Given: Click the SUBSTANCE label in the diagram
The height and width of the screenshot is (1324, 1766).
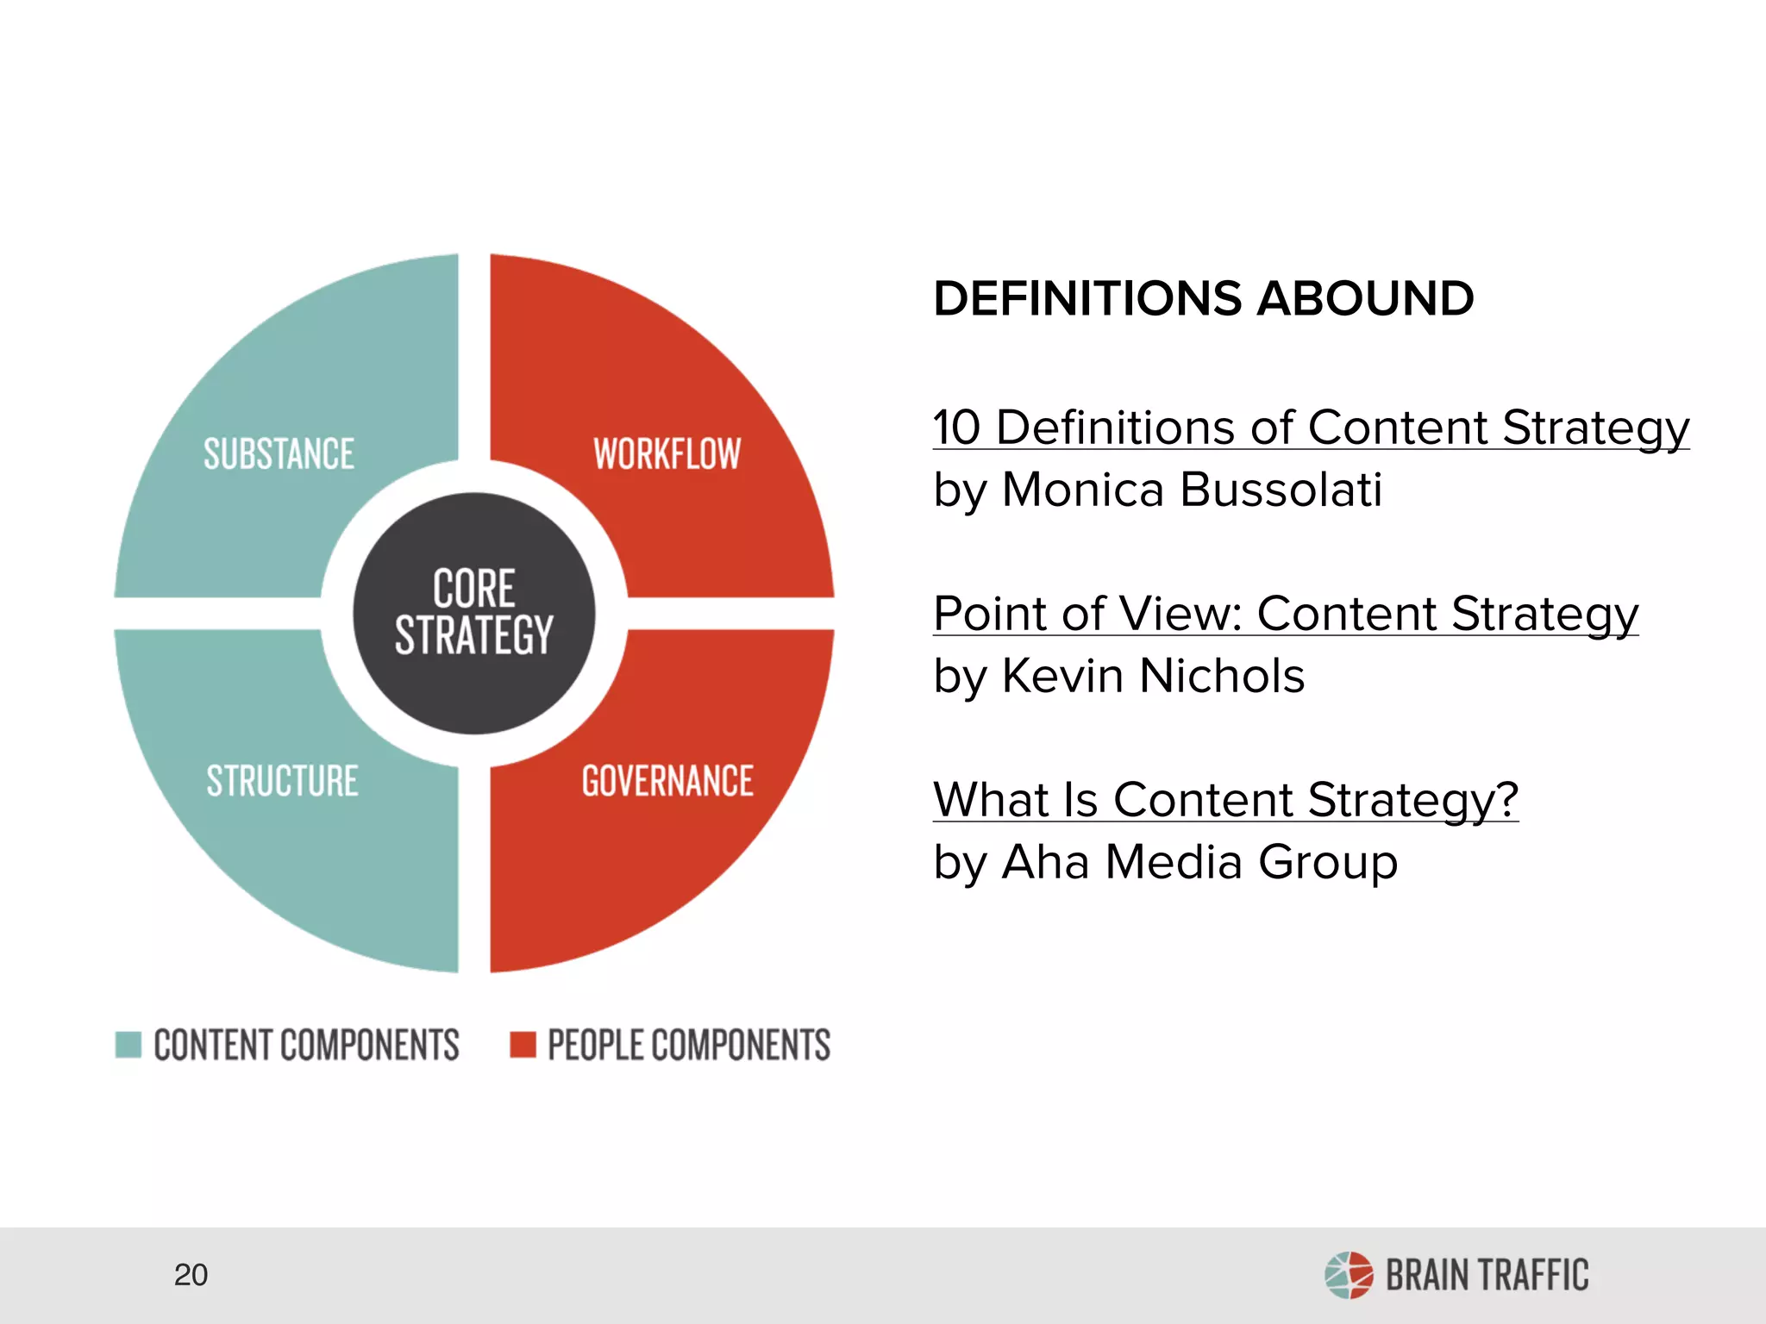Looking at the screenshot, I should click(x=279, y=454).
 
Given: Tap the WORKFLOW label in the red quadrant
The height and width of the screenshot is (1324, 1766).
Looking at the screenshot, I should click(x=667, y=454).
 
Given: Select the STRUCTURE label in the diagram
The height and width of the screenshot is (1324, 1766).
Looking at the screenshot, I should click(x=282, y=781).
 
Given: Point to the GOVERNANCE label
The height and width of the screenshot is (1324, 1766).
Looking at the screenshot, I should click(x=667, y=781).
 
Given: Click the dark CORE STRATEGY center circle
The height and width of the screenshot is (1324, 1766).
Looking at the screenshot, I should click(x=473, y=613).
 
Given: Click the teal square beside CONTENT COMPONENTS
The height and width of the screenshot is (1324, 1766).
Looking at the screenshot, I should click(x=128, y=1044).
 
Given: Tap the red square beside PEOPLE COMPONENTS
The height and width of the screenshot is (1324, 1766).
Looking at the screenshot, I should click(x=523, y=1044).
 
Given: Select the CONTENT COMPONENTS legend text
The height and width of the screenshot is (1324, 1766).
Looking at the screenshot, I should click(x=306, y=1045).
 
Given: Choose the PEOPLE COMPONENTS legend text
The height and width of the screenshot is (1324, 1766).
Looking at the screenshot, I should click(x=689, y=1045).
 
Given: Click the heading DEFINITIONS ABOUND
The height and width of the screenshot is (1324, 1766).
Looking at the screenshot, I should click(x=1204, y=298).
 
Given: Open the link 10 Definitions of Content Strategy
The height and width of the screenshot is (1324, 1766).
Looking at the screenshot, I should click(x=1311, y=428).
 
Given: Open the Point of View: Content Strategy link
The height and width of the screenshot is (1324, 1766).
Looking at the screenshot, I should click(x=1286, y=614).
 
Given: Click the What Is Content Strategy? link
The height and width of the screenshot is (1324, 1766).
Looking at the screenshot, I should click(x=1225, y=800).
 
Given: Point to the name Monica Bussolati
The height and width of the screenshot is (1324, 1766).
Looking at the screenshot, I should click(x=1192, y=490).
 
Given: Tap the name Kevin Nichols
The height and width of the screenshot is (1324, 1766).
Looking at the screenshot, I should click(x=1153, y=676).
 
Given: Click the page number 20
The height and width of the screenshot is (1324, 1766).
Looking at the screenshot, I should click(x=191, y=1275).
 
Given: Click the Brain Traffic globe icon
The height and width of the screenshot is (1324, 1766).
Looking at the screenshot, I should click(x=1349, y=1275).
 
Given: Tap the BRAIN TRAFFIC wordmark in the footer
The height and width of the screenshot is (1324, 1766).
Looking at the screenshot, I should click(x=1487, y=1276).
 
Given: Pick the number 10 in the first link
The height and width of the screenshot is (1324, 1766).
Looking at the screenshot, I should click(x=957, y=428).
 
